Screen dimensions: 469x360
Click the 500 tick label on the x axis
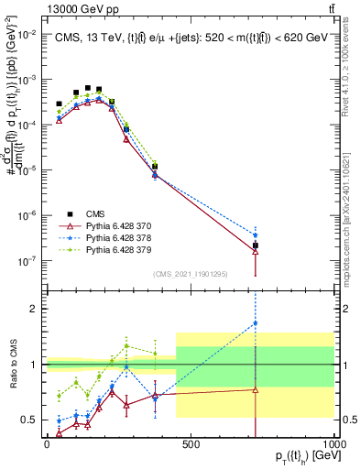[x=191, y=444]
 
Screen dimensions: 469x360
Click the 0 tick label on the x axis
[x=46, y=444]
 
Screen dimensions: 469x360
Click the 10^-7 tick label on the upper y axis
[x=25, y=261]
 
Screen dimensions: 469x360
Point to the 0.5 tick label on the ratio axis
[x=29, y=420]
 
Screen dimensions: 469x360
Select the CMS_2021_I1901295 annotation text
[x=191, y=274]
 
